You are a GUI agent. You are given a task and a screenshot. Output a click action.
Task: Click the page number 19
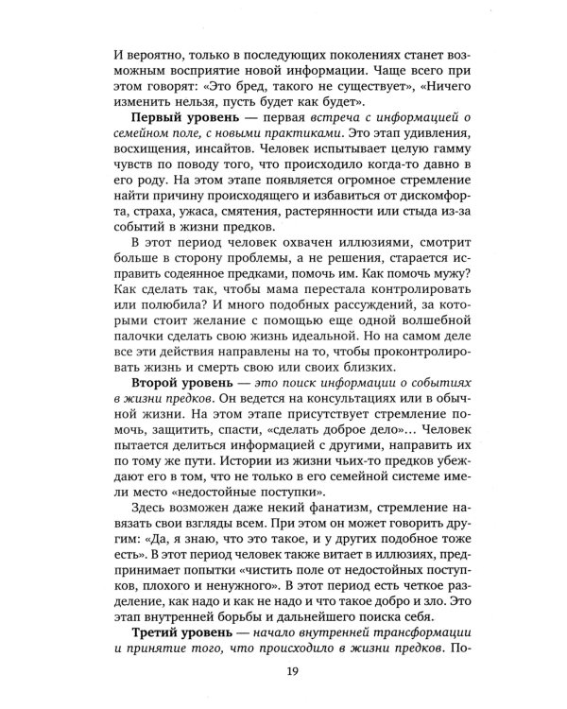(x=283, y=672)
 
